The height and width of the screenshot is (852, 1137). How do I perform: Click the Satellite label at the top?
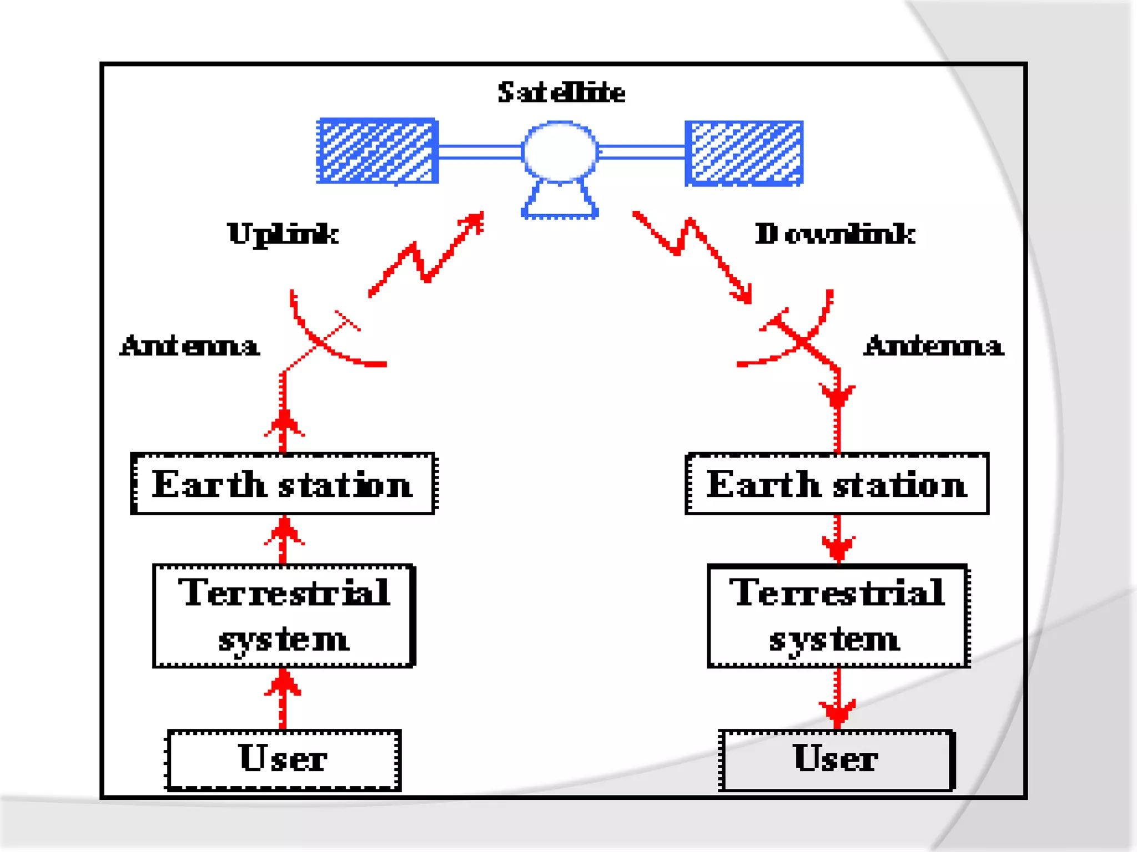coord(561,93)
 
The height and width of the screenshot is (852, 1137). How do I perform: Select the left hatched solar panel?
coord(378,151)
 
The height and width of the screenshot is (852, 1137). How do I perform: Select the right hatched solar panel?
coord(744,153)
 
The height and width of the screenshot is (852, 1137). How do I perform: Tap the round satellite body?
coord(560,151)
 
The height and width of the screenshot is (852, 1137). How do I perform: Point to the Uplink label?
coord(283,234)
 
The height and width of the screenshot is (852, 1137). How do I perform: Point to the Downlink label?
coord(834,234)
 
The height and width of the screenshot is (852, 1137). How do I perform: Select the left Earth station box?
coord(283,484)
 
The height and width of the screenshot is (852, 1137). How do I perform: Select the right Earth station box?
coord(837,484)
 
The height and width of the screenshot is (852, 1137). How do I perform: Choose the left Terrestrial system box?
coord(284,616)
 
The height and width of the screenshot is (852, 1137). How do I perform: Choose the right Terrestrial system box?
coord(838,616)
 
